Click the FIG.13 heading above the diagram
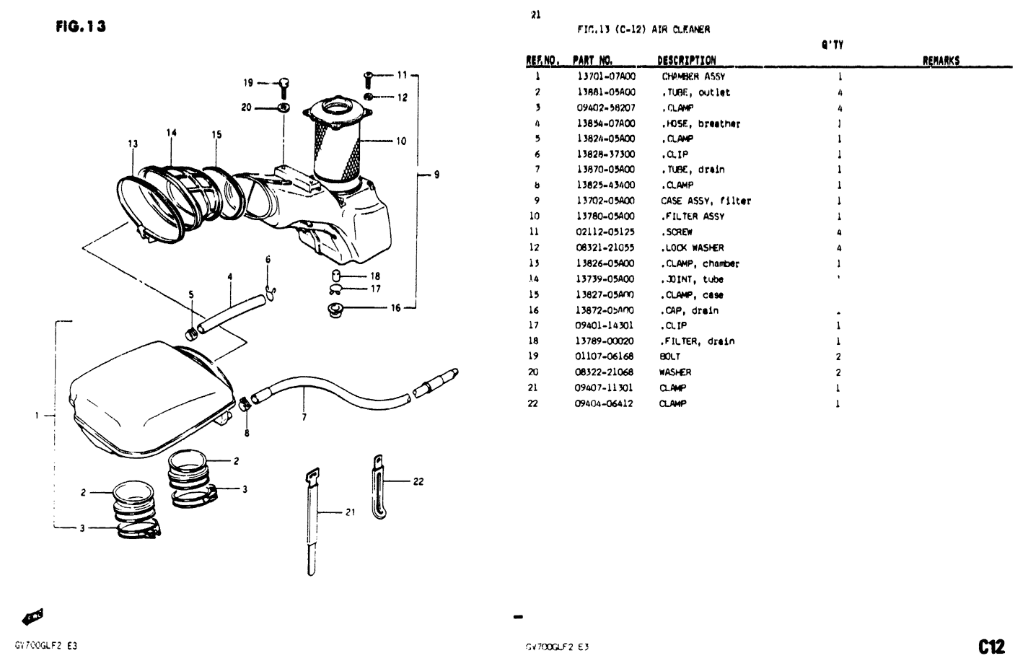[80, 27]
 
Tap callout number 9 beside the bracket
[436, 174]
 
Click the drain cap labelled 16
[335, 310]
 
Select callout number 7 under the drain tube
[304, 417]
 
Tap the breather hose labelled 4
[229, 312]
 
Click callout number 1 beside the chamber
[37, 415]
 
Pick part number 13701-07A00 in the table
[606, 76]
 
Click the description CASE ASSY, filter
[706, 201]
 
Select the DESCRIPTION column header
[686, 61]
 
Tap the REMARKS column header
[941, 61]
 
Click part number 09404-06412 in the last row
[604, 403]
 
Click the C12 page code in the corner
[991, 644]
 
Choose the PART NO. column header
[592, 61]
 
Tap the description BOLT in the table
[669, 356]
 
